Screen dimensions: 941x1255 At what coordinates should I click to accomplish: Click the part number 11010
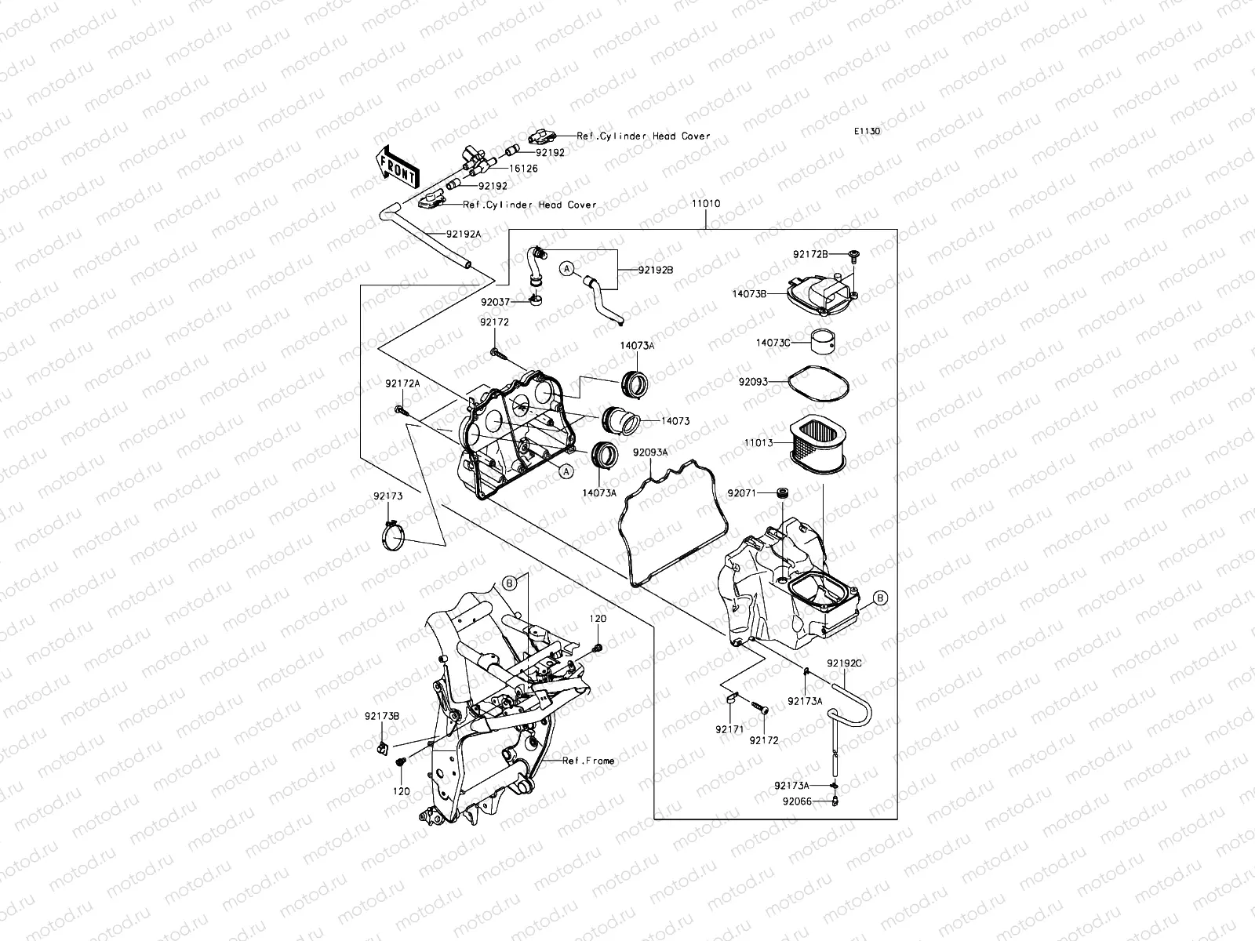tap(705, 204)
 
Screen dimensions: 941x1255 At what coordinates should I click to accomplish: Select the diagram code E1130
tap(868, 131)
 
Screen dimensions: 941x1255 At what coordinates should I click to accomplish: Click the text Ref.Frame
tap(588, 761)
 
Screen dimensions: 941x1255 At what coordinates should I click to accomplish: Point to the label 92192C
tap(844, 663)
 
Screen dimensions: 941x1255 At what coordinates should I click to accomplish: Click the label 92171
tap(728, 729)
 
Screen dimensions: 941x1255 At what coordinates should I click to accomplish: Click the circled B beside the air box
tap(881, 598)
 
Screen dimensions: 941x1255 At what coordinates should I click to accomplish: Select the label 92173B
tap(382, 716)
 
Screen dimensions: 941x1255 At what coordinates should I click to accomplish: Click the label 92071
tap(741, 493)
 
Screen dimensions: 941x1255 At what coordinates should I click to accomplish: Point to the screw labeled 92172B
tap(853, 254)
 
